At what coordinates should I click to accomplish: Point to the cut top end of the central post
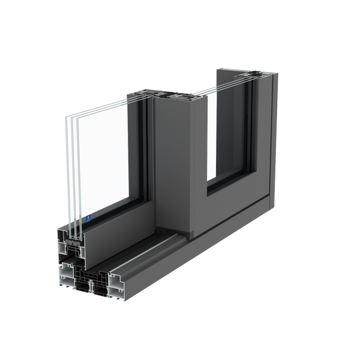click(x=176, y=96)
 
